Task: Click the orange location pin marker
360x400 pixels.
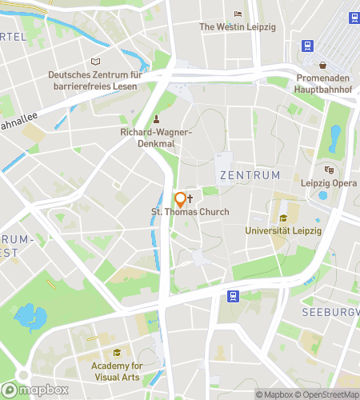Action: coord(181,199)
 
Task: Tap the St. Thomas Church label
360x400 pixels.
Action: coord(190,212)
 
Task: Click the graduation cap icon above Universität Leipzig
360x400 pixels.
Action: coord(282,218)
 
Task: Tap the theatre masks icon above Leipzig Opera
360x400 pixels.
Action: coord(328,170)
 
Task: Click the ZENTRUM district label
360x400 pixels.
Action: coord(250,174)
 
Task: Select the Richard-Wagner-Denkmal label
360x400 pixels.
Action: coord(156,137)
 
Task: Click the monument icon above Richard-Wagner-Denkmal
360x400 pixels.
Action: coord(157,120)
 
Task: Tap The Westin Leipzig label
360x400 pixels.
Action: coord(237,26)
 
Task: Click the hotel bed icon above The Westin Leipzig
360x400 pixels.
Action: coord(237,14)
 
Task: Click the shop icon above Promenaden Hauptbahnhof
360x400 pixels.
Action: coord(322,65)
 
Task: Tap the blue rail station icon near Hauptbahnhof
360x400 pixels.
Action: coord(306,46)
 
